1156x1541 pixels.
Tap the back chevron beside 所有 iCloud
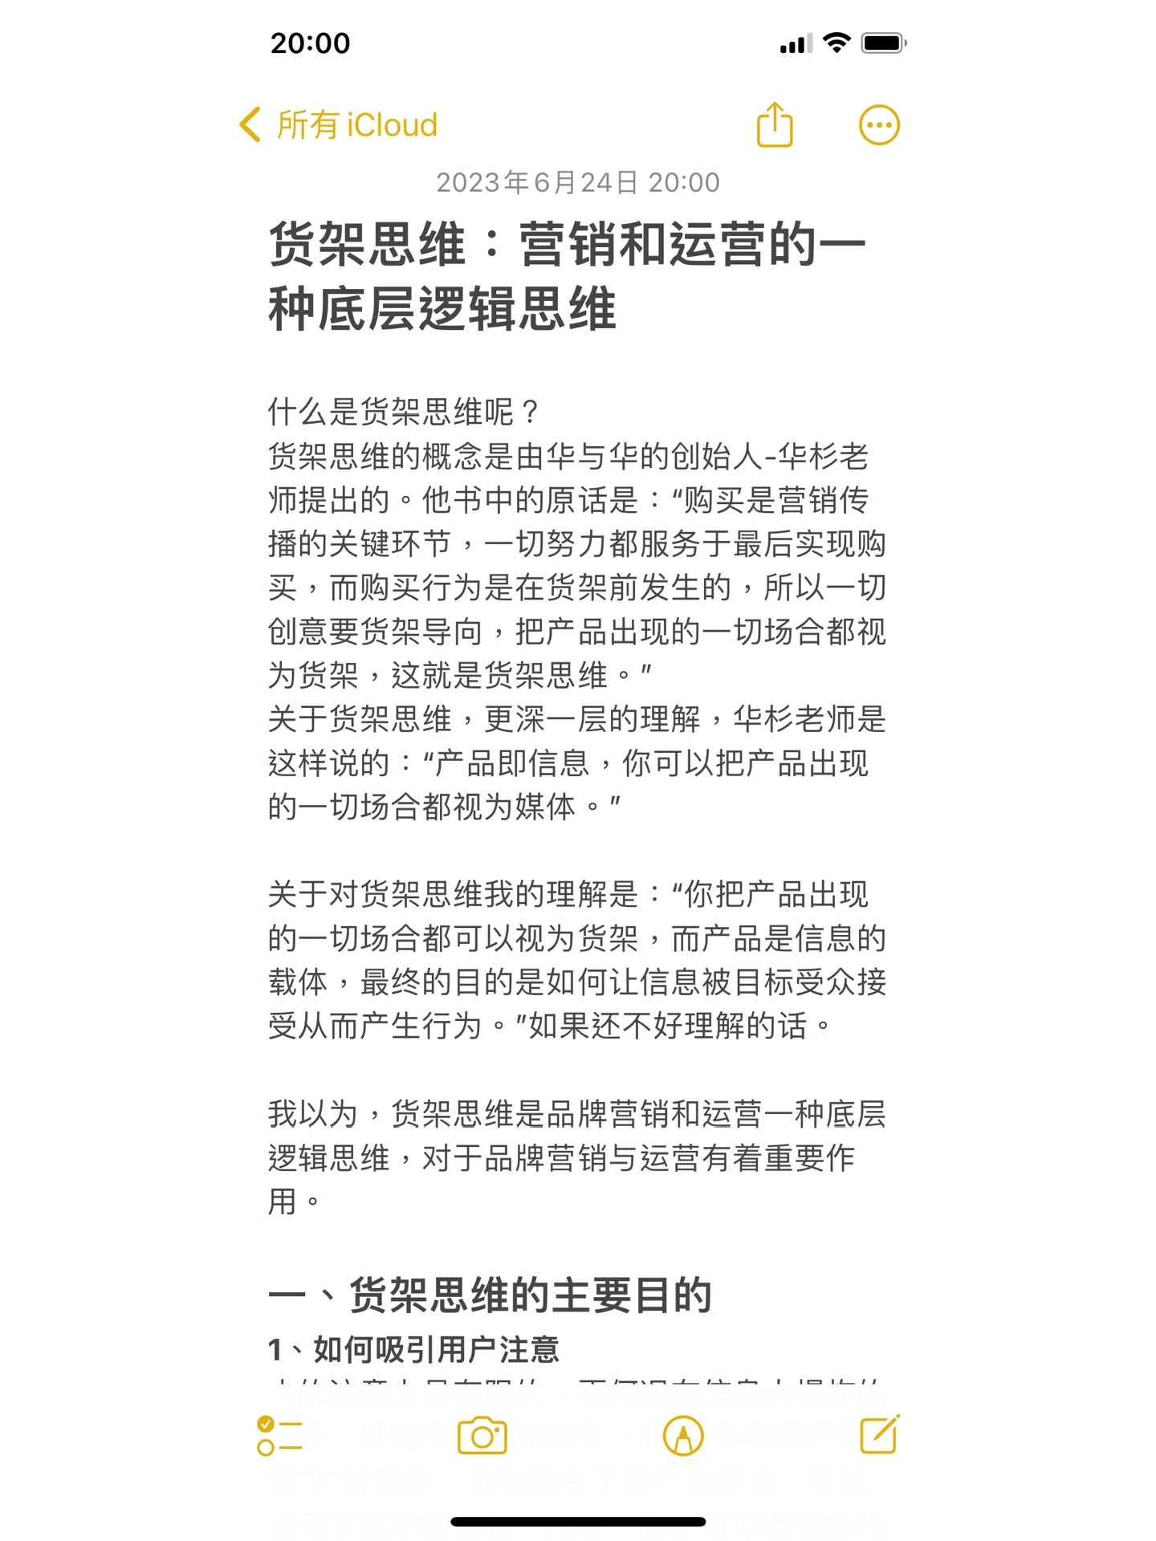(x=250, y=125)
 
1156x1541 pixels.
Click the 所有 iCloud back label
(x=357, y=125)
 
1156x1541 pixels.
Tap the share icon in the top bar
(x=775, y=125)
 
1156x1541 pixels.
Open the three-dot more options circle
(x=879, y=125)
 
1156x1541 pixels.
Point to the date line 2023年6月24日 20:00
(x=577, y=183)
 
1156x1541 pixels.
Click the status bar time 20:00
(x=311, y=43)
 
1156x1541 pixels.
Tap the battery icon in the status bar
(x=883, y=43)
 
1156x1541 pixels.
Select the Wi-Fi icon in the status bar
(x=836, y=43)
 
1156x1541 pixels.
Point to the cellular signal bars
(x=796, y=45)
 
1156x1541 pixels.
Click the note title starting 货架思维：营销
(x=567, y=277)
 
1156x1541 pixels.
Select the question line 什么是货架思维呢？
(x=404, y=413)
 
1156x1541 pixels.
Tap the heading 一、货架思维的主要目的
(x=490, y=1295)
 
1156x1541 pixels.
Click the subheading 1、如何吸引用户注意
(x=413, y=1350)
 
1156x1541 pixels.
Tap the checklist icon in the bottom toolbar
(x=279, y=1437)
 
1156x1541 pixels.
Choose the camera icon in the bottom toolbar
(x=482, y=1437)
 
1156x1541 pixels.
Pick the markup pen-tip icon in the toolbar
(x=683, y=1437)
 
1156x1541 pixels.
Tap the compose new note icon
(x=880, y=1435)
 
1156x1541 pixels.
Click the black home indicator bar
(x=578, y=1522)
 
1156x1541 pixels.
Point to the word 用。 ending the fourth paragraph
(x=294, y=1202)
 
